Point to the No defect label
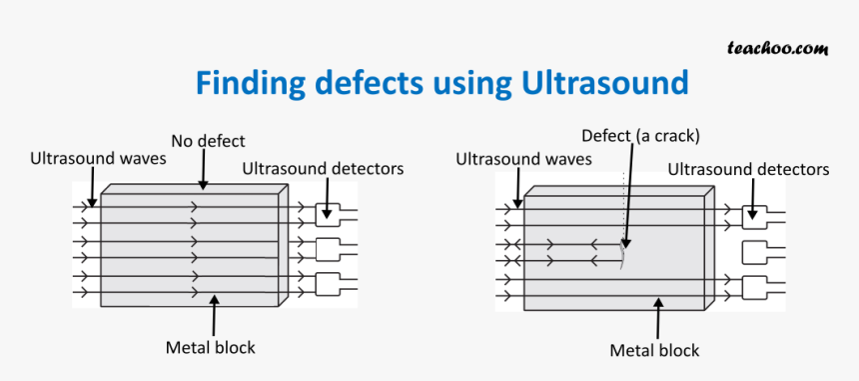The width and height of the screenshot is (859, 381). click(x=208, y=141)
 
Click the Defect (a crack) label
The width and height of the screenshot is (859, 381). click(x=640, y=135)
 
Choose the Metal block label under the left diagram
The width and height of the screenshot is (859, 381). click(x=210, y=348)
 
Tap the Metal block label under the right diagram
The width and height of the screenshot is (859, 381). click(x=654, y=350)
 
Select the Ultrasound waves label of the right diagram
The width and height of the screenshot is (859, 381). click(x=523, y=159)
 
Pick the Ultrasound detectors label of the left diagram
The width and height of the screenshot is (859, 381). click(x=323, y=168)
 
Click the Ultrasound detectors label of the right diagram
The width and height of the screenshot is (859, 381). click(x=748, y=169)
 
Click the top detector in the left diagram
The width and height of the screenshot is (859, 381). click(x=328, y=213)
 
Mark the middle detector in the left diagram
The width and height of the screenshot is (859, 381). click(x=328, y=248)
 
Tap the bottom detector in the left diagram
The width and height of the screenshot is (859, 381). click(x=328, y=284)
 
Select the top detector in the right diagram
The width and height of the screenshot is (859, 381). click(x=754, y=215)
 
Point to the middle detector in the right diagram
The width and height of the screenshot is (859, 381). click(x=754, y=251)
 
